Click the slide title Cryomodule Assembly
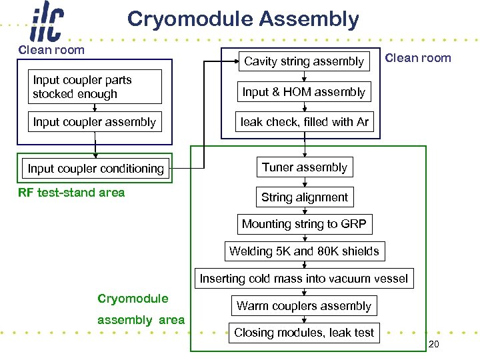243,19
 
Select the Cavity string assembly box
304,61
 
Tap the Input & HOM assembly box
304,92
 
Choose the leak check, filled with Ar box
304,122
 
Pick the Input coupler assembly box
95,122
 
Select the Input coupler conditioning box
95,169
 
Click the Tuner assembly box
305,167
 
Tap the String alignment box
305,197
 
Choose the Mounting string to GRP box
304,224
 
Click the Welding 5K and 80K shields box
304,251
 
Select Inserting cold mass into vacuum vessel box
304,279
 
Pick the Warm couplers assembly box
303,306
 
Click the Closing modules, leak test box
304,333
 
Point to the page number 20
433,344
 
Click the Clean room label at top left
51,50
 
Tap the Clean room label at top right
418,58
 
